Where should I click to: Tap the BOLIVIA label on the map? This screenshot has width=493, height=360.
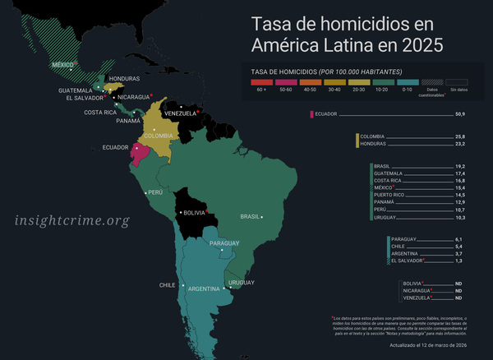pyautogui.click(x=195, y=213)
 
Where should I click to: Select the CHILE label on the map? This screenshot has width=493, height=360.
pyautogui.click(x=168, y=285)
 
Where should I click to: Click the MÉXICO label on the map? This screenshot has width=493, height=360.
pyautogui.click(x=63, y=64)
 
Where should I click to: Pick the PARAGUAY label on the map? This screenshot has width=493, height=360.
pyautogui.click(x=225, y=243)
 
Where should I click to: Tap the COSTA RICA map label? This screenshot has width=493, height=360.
pyautogui.click(x=99, y=112)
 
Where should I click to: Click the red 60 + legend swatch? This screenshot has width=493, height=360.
pyautogui.click(x=261, y=82)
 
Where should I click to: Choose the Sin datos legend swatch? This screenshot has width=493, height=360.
pyautogui.click(x=458, y=82)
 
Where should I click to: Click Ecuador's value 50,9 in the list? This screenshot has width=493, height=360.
pyautogui.click(x=460, y=113)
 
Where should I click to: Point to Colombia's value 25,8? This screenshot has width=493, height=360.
pyautogui.click(x=460, y=136)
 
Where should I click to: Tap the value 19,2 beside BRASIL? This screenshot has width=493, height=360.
pyautogui.click(x=460, y=166)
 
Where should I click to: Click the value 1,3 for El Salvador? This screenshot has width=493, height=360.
pyautogui.click(x=460, y=261)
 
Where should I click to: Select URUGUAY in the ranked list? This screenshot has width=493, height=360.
pyautogui.click(x=387, y=217)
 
